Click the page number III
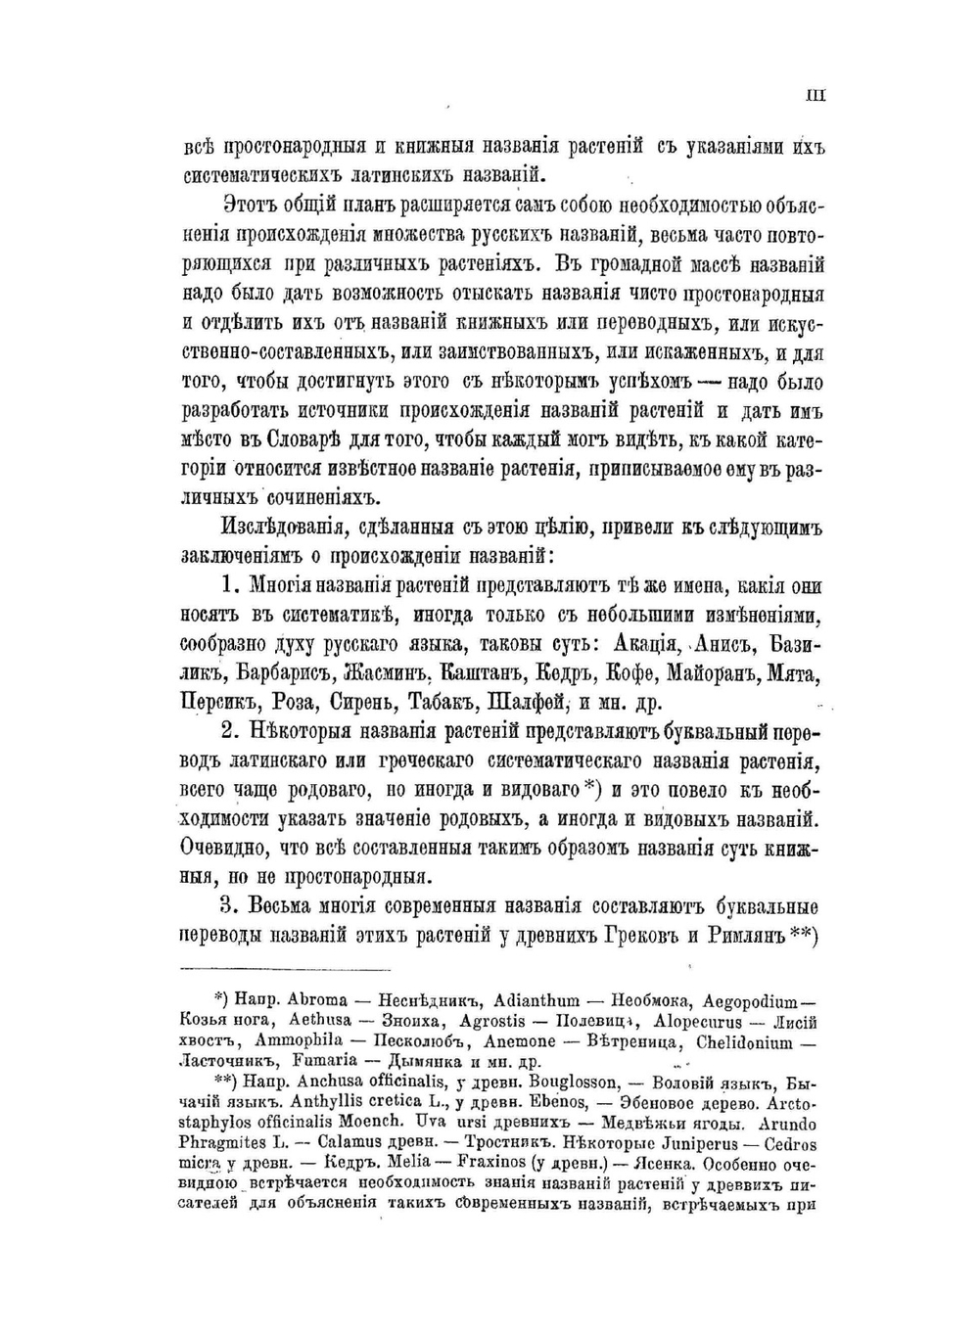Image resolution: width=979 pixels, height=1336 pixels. (815, 95)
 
